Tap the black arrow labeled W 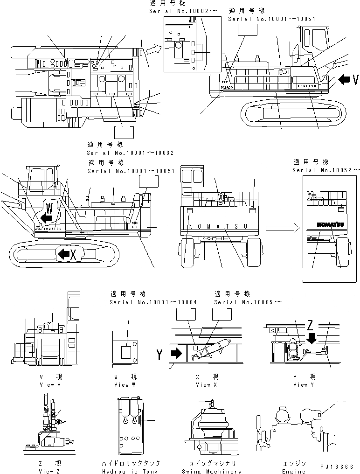(x=46, y=217)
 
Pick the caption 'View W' (x=125, y=385)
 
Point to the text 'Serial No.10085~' (x=248, y=302)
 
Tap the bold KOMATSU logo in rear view (x=331, y=225)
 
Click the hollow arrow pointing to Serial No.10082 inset (x=152, y=48)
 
